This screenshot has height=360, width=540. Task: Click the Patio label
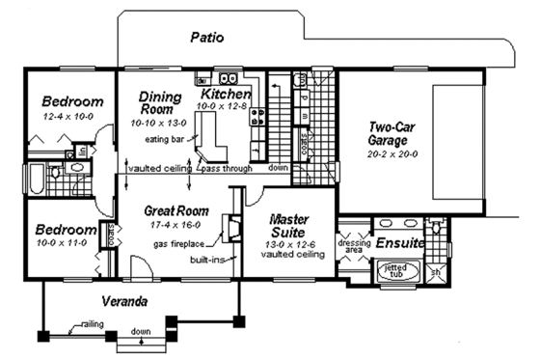(x=207, y=39)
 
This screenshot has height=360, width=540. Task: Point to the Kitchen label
(x=226, y=95)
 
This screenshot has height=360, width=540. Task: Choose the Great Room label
(x=177, y=209)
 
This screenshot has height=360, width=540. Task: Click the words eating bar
(x=165, y=138)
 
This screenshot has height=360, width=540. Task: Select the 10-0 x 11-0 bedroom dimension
(x=63, y=245)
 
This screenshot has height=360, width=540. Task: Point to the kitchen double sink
(x=229, y=78)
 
